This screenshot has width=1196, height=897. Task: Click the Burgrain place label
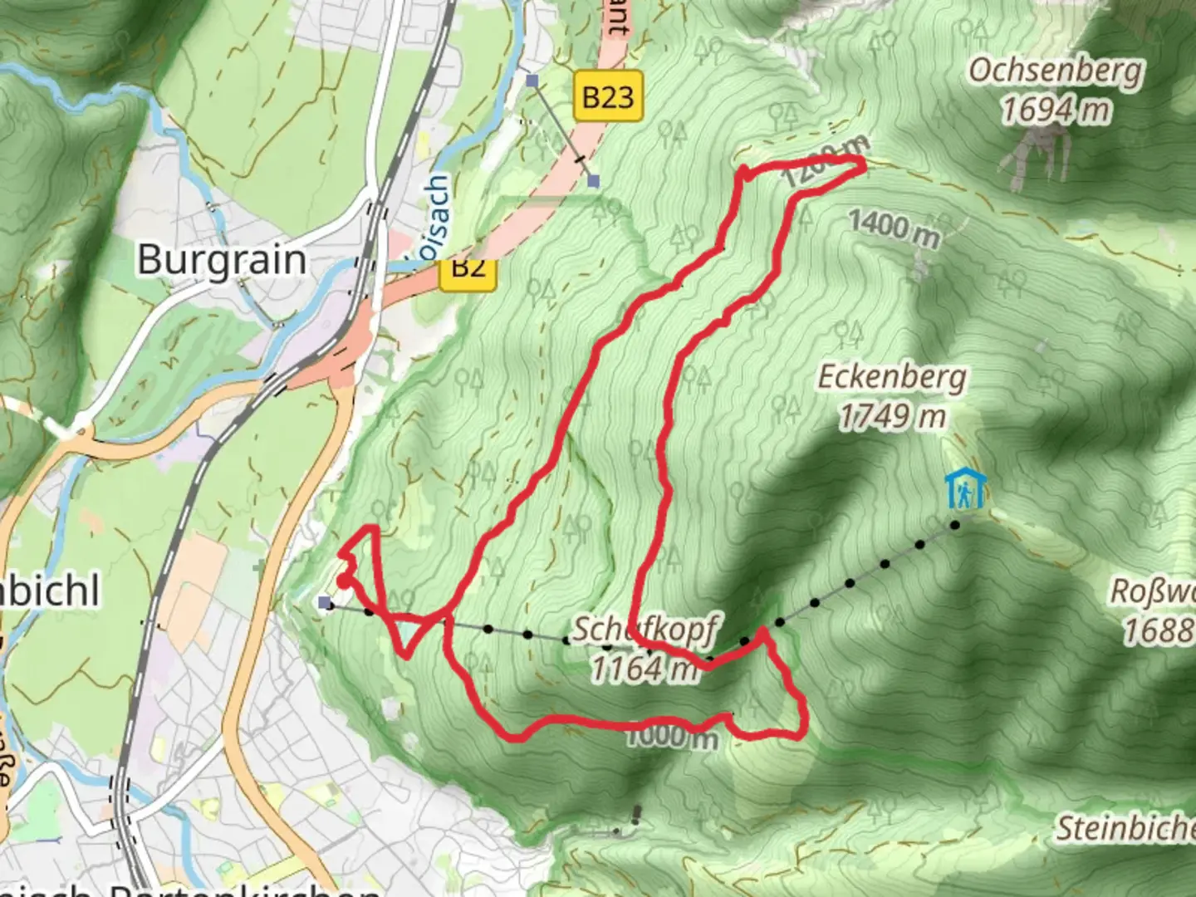point(222,260)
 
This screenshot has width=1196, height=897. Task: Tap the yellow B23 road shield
point(608,97)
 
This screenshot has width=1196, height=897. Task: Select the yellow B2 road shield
point(468,267)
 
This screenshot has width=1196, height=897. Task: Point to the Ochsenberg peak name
point(1056,71)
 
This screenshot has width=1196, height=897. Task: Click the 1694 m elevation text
point(1056,110)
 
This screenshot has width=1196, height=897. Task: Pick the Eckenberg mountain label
point(892,378)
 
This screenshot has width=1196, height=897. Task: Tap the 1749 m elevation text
point(892,416)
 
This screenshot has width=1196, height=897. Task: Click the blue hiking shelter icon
point(965,489)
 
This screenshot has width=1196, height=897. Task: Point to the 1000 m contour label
point(671,736)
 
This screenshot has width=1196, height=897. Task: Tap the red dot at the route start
point(343,581)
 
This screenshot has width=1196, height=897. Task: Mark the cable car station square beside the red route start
point(325,602)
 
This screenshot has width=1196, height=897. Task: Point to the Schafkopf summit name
point(644,630)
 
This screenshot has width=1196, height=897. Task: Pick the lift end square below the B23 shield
point(592,180)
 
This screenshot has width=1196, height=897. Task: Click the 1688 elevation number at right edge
point(1159,630)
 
